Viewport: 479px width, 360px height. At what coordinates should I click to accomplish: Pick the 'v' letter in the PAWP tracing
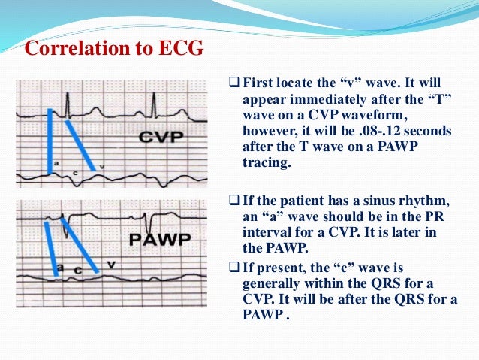click(110, 264)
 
